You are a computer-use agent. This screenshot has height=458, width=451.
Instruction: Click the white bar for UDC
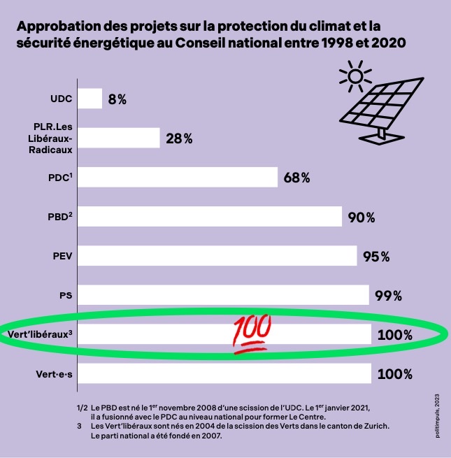(90, 99)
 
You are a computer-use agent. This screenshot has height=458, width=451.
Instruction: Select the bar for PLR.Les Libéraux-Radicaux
(118, 138)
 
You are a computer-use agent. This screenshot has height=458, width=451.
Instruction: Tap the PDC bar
(178, 177)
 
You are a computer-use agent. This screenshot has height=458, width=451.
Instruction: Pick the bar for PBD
(209, 217)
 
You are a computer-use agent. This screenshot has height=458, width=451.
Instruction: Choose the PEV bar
(217, 256)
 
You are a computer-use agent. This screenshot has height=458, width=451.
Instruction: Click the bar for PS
(223, 295)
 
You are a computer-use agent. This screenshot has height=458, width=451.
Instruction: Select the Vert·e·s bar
(224, 373)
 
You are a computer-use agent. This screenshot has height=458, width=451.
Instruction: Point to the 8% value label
(117, 99)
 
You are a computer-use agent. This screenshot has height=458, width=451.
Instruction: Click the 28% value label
(179, 138)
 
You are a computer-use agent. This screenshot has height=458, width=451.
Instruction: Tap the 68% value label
(296, 178)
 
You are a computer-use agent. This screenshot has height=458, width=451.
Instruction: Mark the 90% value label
(361, 217)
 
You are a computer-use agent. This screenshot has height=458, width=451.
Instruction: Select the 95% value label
(376, 257)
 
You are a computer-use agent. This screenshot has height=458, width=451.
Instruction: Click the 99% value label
(387, 296)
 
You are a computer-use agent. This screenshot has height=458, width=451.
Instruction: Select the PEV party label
(63, 256)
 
